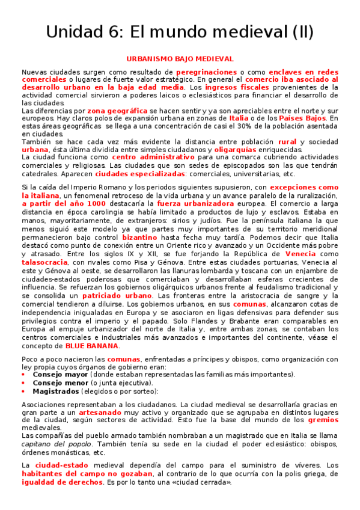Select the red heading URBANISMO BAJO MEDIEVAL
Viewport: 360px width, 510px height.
click(x=180, y=59)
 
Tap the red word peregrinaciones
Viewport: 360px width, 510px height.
click(x=206, y=72)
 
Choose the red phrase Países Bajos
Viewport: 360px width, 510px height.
click(x=303, y=118)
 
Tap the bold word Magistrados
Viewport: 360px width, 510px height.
click(x=55, y=390)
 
